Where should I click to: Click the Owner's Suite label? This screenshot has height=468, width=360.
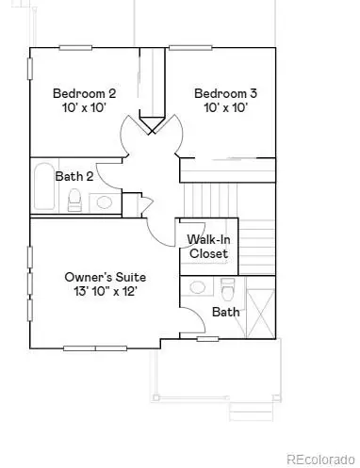pyautogui.click(x=105, y=278)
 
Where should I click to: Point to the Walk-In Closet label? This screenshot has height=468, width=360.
pyautogui.click(x=208, y=247)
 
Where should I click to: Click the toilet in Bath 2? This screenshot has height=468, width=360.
pyautogui.click(x=74, y=200)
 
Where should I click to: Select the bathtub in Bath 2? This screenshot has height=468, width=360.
pyautogui.click(x=43, y=188)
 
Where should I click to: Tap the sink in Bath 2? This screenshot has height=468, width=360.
pyautogui.click(x=105, y=202)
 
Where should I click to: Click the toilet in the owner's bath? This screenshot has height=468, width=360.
pyautogui.click(x=226, y=287)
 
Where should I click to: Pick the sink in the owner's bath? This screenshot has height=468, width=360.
pyautogui.click(x=198, y=287)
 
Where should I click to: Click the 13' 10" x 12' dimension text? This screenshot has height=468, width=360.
pyautogui.click(x=105, y=294)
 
